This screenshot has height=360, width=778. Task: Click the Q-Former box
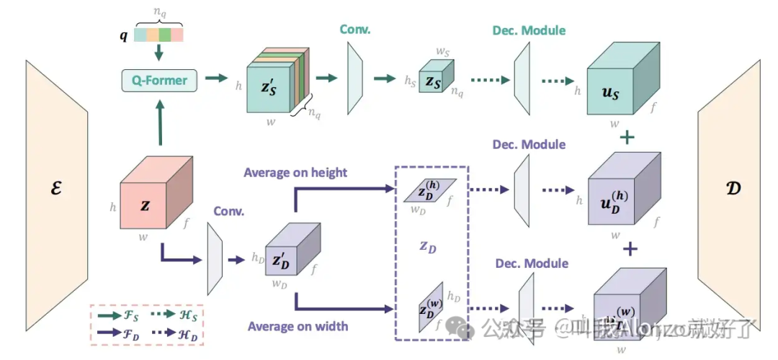click(x=159, y=80)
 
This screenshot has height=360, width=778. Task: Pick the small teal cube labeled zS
click(x=434, y=82)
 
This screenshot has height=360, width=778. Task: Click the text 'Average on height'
click(x=295, y=172)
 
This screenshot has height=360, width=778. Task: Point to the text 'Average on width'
click(x=298, y=326)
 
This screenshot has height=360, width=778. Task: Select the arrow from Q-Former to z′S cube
click(x=216, y=77)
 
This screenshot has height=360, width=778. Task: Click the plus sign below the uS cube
click(x=628, y=136)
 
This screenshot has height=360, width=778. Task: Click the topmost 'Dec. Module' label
click(x=529, y=30)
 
